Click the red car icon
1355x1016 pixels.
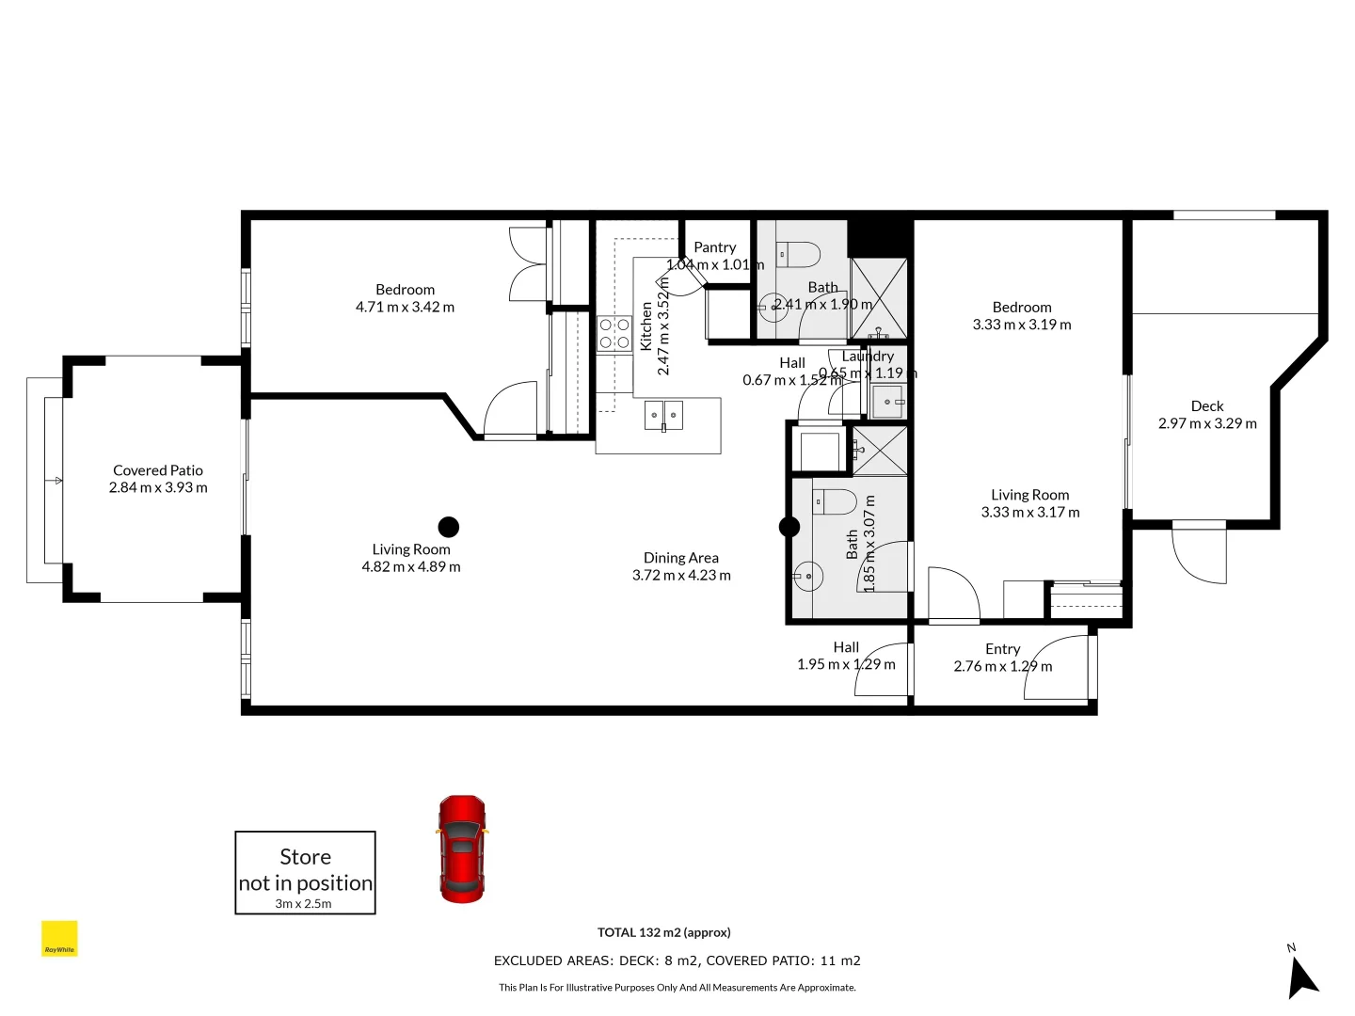point(462,849)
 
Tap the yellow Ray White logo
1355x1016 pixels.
point(59,939)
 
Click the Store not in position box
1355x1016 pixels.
point(305,872)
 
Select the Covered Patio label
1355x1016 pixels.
point(158,470)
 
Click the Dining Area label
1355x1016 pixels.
point(680,558)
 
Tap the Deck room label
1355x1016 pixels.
point(1206,406)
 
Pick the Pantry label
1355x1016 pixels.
point(714,247)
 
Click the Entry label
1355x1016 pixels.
point(1002,649)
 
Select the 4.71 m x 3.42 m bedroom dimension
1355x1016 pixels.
point(405,307)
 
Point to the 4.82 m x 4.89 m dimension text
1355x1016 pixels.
point(411,566)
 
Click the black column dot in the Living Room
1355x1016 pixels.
point(449,527)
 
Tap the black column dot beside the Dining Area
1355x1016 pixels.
point(789,527)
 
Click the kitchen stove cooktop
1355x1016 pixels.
point(614,334)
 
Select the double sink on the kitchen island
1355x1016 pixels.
point(663,414)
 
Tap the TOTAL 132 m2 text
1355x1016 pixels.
point(663,932)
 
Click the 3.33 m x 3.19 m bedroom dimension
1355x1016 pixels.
point(1022,325)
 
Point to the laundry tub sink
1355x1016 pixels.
point(887,402)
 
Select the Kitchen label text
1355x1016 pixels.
point(646,325)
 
